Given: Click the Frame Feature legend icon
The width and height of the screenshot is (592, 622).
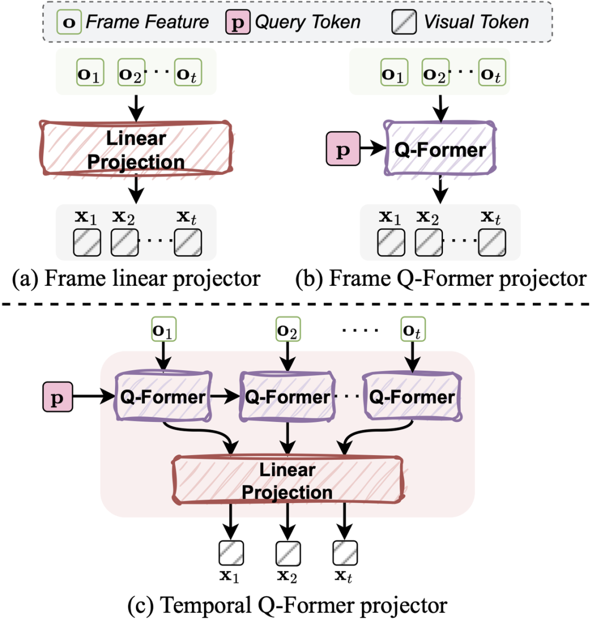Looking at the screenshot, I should (x=70, y=22).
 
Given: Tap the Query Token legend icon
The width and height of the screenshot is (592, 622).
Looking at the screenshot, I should (x=237, y=22).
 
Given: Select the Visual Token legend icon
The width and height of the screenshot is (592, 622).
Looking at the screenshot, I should (x=405, y=22).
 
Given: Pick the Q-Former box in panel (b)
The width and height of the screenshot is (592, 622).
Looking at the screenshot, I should (x=440, y=149).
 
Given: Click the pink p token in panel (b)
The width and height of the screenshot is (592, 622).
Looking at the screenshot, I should (x=343, y=149).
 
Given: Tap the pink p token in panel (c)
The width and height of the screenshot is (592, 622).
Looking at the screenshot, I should (x=57, y=398).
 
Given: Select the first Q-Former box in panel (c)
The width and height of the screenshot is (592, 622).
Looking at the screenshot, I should (x=163, y=397).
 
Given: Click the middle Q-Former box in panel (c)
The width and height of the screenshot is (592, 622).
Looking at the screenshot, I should (x=287, y=397).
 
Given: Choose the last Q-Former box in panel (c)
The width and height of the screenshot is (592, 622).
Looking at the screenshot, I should (x=412, y=397).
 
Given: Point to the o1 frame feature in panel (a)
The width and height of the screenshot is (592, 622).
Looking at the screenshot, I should (x=90, y=73).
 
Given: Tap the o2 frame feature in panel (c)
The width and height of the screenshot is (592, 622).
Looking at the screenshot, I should (x=287, y=330).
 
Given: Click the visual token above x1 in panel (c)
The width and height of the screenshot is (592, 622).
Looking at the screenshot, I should (x=231, y=553).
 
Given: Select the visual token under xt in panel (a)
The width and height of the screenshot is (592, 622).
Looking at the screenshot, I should (x=188, y=242).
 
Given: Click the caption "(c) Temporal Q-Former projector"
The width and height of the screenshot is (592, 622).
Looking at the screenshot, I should (x=287, y=605).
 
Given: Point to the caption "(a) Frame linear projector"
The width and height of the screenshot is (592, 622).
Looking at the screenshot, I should (x=136, y=279).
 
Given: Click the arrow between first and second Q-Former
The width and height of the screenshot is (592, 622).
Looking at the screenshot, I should (x=225, y=397).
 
